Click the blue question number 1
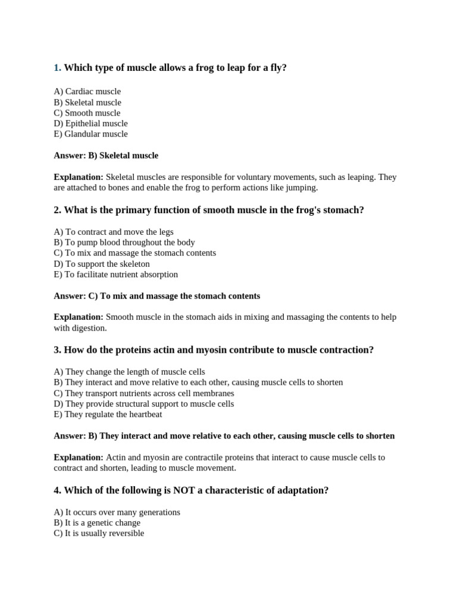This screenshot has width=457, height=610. pos(57,68)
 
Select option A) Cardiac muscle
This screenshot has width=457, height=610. pos(87,92)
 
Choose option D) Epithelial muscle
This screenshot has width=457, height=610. pos(90,123)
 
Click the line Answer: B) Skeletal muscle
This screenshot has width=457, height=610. pos(106,155)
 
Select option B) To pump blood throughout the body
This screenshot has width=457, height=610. pos(124,242)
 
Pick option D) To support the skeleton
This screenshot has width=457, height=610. pos(101,264)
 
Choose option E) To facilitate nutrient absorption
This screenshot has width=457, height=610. pos(115,275)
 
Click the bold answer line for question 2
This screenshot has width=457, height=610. pos(156,296)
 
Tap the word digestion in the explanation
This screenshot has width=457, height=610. pos(89,328)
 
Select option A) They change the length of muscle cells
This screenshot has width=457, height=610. pos(129,372)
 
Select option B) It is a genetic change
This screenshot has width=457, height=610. pos(97,523)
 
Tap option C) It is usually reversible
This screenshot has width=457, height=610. pos(99,533)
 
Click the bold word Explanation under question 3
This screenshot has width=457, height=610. pos(79,457)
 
